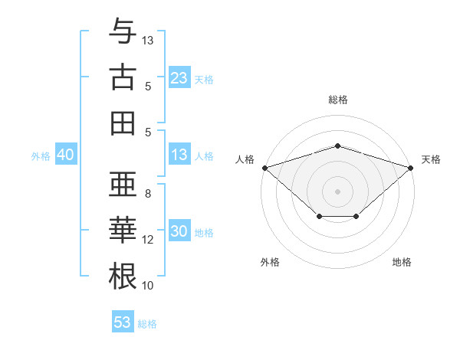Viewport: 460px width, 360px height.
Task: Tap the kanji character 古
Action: point(123,77)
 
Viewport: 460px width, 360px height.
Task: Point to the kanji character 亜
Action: point(123,185)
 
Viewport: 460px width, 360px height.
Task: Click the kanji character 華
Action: point(123,231)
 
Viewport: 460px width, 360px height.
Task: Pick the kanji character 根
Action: point(123,277)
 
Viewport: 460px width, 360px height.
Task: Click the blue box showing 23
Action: point(179,77)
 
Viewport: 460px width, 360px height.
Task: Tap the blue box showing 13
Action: point(179,155)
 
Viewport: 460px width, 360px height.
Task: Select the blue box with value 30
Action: point(179,232)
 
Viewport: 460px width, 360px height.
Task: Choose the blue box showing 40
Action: point(65,155)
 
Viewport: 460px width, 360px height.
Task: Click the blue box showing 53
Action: point(122,322)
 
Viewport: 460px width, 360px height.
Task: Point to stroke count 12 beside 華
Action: point(148,240)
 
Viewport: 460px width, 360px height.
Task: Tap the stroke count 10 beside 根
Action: point(148,286)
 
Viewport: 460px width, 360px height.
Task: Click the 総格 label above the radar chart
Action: point(337,100)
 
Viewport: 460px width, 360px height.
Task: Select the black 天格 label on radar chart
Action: point(432,159)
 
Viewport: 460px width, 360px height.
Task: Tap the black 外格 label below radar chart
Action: point(270,262)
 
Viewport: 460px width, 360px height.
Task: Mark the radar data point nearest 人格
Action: point(264,167)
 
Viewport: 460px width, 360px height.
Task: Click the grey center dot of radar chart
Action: point(337,191)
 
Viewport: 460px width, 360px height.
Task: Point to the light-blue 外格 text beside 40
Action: point(41,155)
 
